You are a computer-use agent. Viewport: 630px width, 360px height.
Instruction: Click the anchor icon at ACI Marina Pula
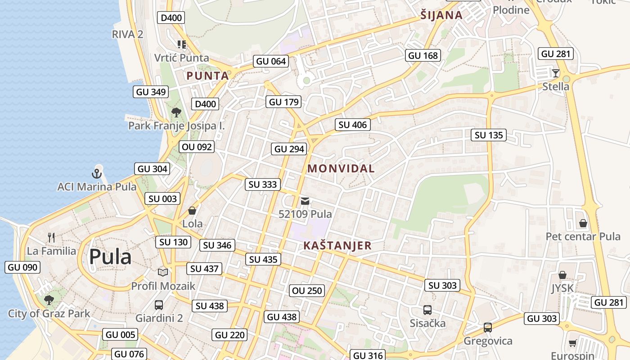97,173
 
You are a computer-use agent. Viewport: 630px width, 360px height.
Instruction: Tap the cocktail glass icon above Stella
556,73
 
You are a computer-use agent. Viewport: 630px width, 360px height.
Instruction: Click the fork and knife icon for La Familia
51,237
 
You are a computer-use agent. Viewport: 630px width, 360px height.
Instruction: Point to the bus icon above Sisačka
427,310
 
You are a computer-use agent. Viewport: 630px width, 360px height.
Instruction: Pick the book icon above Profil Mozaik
162,272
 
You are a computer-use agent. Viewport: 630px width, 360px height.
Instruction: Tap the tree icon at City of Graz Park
49,300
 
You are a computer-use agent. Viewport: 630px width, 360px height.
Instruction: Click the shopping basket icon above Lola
192,210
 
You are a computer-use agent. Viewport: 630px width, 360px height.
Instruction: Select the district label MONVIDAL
341,169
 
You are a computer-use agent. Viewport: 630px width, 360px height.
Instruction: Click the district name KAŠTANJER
337,246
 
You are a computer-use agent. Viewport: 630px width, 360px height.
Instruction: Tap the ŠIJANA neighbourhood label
441,15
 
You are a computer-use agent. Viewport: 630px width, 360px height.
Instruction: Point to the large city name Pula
110,257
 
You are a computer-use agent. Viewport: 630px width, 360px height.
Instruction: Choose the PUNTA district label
207,76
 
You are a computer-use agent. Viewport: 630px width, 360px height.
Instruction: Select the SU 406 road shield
353,125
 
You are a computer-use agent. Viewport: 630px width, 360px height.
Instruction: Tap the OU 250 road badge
307,291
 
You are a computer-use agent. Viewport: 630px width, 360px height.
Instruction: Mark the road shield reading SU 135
489,135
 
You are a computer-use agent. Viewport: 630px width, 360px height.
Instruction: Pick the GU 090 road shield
22,267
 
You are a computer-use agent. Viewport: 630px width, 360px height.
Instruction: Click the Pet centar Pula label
583,236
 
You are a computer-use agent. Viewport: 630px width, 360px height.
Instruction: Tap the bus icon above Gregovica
488,327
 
